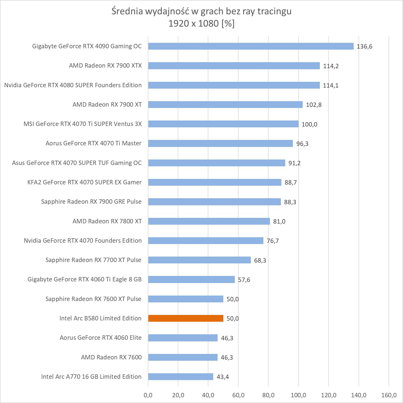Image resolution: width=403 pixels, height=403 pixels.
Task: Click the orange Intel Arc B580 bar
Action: tap(186, 318)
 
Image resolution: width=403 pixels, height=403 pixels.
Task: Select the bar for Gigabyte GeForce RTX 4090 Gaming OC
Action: tap(251, 46)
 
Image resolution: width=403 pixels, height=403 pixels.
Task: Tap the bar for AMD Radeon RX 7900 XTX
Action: tap(234, 66)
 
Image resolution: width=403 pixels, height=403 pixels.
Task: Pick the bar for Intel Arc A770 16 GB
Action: tap(181, 377)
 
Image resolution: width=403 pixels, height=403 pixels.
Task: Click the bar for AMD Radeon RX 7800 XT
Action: tap(209, 221)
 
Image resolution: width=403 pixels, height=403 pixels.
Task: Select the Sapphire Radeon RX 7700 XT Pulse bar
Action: tap(199, 260)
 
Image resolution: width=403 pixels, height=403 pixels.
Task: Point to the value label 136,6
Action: tap(364, 46)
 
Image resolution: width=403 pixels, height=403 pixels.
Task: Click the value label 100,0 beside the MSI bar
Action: tap(309, 124)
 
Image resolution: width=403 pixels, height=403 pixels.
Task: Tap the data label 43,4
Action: tap(222, 377)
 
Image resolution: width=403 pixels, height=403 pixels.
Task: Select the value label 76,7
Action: tap(273, 241)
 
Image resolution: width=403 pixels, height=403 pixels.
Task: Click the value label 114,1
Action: tap(330, 85)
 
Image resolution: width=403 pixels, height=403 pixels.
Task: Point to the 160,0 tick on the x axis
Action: tap(389, 395)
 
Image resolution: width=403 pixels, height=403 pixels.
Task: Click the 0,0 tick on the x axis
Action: tap(148, 395)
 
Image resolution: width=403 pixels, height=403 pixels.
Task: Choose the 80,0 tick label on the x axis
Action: tap(268, 395)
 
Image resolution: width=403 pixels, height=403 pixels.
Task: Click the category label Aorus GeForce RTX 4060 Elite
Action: tap(101, 338)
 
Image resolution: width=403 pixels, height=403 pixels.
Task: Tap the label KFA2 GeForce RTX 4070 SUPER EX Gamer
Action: tap(85, 182)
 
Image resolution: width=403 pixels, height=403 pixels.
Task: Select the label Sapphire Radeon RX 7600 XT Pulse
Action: tap(93, 299)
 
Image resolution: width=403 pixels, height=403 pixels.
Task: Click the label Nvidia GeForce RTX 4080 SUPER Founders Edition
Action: tap(73, 85)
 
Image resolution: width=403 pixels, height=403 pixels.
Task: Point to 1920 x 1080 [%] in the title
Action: tap(201, 23)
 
